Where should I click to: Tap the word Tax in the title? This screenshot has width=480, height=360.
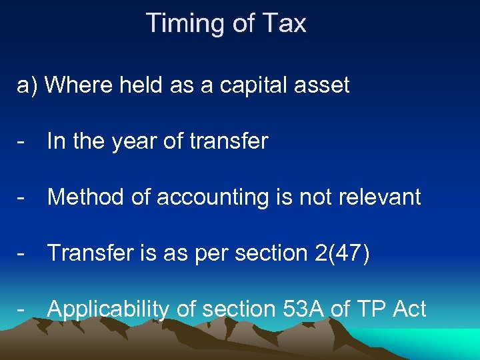click(283, 24)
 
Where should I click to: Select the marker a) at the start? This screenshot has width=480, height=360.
click(27, 85)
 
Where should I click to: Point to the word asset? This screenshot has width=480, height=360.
click(323, 85)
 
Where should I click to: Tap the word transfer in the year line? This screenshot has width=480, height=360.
click(229, 141)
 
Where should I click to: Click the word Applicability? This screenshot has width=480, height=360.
click(109, 310)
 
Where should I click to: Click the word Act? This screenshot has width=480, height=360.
click(410, 309)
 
